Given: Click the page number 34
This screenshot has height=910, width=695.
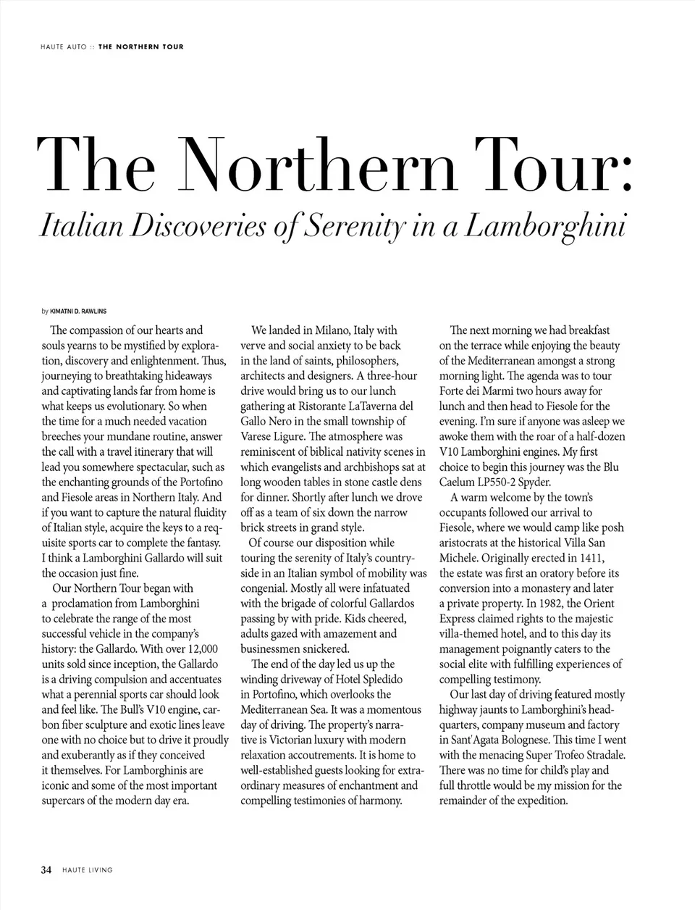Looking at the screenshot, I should tap(46, 870).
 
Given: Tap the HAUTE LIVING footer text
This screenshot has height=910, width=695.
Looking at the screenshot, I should tap(87, 870).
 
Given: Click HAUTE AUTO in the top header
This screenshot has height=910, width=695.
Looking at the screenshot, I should tap(64, 47).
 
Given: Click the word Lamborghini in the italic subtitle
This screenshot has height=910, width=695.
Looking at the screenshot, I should tap(544, 225).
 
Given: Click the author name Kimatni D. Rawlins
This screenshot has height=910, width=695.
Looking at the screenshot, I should tap(78, 312).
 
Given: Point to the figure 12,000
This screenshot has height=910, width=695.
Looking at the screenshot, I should tap(201, 649).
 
